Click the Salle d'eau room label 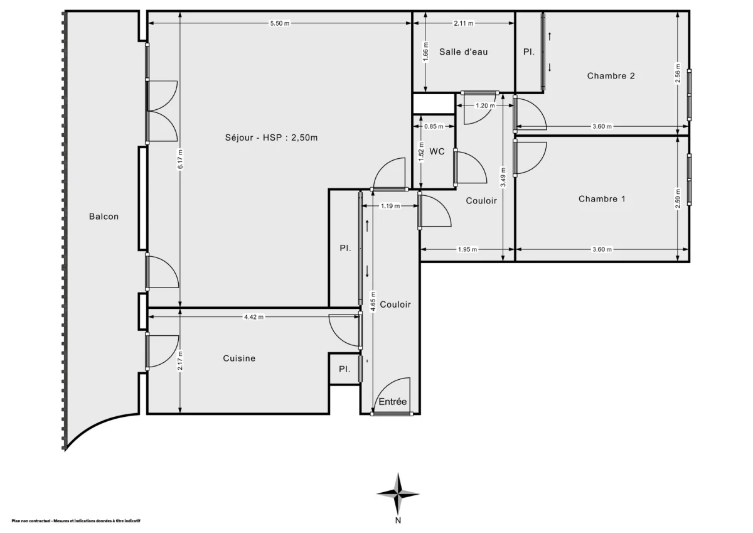click(463, 52)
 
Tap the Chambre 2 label click(611, 76)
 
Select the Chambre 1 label click(602, 199)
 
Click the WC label click(437, 151)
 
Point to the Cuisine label click(239, 358)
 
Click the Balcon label click(104, 217)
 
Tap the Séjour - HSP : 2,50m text click(271, 138)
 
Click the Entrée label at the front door click(392, 402)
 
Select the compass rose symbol click(398, 493)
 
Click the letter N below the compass click(398, 520)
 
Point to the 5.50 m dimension click(279, 23)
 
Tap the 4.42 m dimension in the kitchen click(254, 317)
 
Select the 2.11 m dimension click(463, 23)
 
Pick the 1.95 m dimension click(467, 249)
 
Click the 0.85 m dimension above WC click(433, 126)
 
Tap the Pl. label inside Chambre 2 click(529, 53)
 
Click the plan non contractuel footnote click(75, 521)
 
